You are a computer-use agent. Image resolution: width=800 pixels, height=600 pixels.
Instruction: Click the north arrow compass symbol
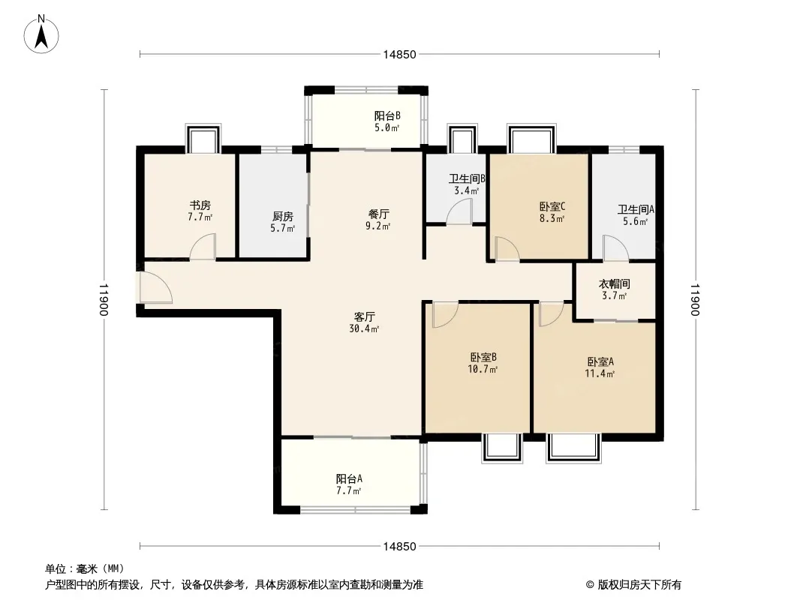click(x=41, y=34)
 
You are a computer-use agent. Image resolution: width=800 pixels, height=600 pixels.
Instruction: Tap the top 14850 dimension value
click(x=400, y=55)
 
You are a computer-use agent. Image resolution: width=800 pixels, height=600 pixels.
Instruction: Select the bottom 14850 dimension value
click(x=400, y=547)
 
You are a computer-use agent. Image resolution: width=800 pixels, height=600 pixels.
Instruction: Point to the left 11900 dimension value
click(x=104, y=300)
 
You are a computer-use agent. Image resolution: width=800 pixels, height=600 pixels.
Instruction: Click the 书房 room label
click(x=200, y=205)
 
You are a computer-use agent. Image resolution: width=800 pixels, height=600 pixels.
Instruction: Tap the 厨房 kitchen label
click(x=283, y=217)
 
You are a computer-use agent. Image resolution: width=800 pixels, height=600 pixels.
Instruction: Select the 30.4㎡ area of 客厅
click(x=364, y=329)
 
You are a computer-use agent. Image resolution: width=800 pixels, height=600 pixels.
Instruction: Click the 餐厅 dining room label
click(x=378, y=214)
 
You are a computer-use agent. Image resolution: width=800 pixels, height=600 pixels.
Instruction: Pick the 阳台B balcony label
click(x=387, y=116)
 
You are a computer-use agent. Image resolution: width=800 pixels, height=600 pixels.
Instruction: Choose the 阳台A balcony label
click(x=350, y=479)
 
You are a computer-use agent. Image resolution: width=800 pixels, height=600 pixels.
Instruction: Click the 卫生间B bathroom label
click(x=467, y=179)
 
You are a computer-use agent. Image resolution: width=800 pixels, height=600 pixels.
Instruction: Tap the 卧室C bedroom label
click(x=552, y=207)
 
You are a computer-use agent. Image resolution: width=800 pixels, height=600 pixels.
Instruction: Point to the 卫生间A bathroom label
click(x=636, y=209)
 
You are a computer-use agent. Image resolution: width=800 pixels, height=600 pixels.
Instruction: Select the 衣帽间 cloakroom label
click(x=615, y=284)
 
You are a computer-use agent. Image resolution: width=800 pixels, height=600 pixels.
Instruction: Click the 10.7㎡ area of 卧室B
click(x=483, y=369)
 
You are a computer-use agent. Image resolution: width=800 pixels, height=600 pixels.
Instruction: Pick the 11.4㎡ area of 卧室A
click(x=600, y=373)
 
